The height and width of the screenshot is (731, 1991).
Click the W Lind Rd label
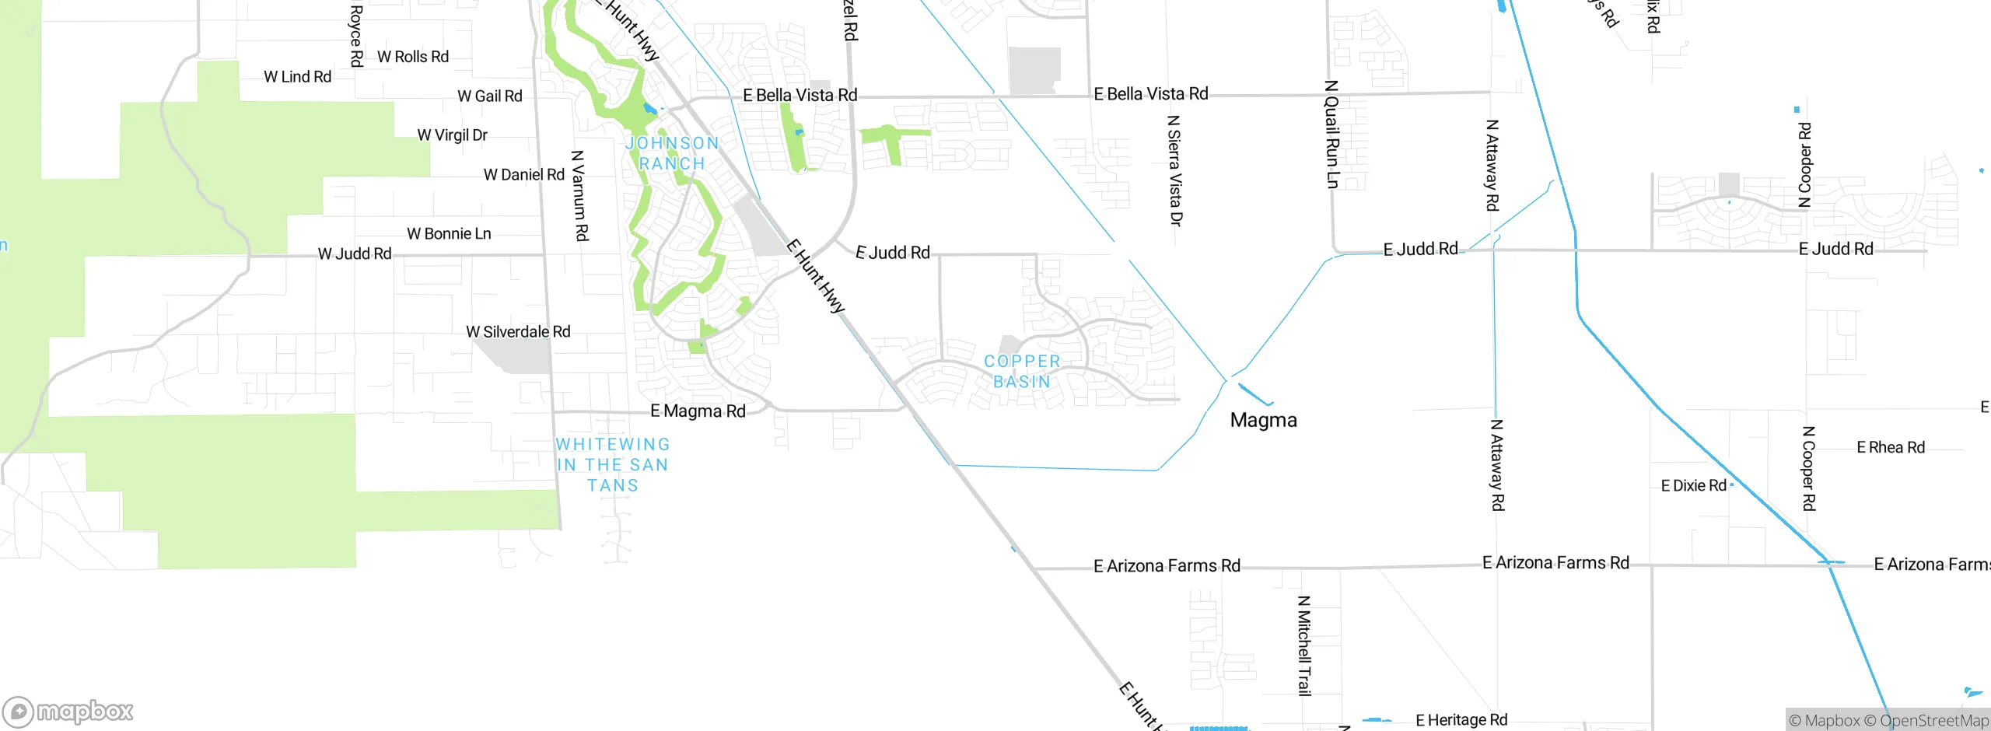point(297,77)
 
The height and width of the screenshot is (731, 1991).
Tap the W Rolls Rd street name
point(413,57)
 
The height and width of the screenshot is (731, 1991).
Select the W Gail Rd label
point(490,96)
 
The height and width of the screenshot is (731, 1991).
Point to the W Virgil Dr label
point(453,135)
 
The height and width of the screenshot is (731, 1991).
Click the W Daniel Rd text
point(524,175)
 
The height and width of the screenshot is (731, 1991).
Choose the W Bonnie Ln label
point(450,234)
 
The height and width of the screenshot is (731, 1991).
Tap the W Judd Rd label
point(355,254)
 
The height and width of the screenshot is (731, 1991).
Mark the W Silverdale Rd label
point(518,332)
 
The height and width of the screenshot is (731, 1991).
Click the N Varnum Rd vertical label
point(580,196)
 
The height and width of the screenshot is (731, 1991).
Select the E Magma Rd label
point(698,411)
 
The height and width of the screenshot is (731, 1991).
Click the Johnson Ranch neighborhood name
point(672,153)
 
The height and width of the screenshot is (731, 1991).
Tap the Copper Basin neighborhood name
point(1022,372)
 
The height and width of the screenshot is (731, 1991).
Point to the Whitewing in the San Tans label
point(613,465)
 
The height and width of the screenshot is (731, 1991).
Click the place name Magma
point(1263,421)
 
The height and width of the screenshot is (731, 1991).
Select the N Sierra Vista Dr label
point(1174,170)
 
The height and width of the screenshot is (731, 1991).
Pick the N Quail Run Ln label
point(1331,134)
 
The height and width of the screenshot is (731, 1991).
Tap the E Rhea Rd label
point(1891,448)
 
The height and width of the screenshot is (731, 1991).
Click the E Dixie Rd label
point(1693,486)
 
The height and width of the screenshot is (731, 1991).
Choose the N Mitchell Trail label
point(1304,645)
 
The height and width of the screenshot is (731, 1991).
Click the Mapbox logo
point(68,712)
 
